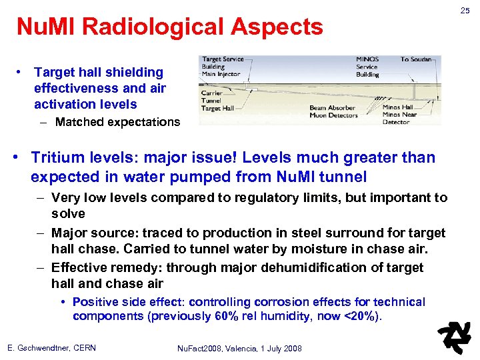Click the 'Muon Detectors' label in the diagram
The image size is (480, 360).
333,115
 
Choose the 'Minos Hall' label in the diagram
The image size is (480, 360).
397,107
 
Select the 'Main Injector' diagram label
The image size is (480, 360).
221,74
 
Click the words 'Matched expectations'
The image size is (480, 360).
117,122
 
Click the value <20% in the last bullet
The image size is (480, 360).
364,316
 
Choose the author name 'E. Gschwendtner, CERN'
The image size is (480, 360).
51,348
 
